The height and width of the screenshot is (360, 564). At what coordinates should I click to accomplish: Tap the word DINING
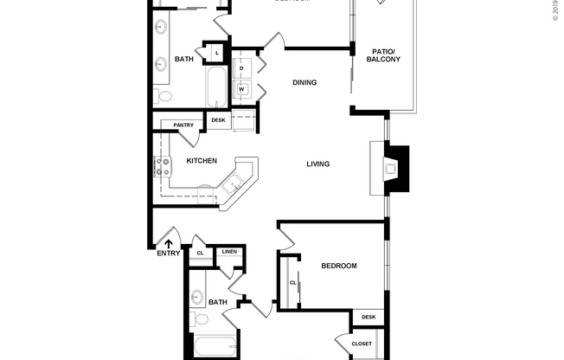(x=304, y=83)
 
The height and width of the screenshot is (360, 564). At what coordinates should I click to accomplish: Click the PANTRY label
(x=183, y=125)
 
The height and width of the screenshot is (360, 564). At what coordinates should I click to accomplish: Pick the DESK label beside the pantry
(x=219, y=120)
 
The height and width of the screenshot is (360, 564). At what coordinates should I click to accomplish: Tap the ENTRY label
(x=169, y=253)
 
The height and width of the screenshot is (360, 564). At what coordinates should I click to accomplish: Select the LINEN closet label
(x=229, y=252)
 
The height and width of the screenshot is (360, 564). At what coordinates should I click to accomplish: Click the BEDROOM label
(x=338, y=266)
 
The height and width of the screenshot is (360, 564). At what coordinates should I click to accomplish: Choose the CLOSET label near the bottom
(x=362, y=344)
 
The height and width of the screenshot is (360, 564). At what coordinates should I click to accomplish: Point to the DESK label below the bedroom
(x=369, y=318)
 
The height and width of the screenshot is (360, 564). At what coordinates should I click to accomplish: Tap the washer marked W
(x=241, y=88)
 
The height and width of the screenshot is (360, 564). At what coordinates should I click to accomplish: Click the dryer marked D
(x=241, y=67)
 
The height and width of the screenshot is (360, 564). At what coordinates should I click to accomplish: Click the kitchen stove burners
(x=162, y=165)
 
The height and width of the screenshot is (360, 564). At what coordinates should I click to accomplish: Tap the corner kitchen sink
(x=232, y=184)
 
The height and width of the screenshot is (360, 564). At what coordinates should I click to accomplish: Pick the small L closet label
(x=216, y=54)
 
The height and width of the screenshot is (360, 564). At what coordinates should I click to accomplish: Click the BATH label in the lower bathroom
(x=218, y=302)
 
